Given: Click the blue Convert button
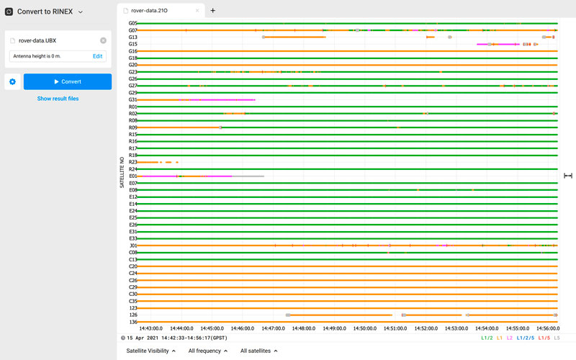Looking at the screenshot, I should tap(68, 81).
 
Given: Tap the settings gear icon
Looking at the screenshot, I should tap(12, 81).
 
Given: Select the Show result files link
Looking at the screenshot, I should tap(58, 99).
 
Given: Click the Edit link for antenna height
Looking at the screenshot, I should tap(97, 55).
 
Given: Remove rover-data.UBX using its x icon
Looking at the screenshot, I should tap(103, 40).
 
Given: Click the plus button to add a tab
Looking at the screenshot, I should tap(212, 11).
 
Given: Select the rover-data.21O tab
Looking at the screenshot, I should tap(151, 11).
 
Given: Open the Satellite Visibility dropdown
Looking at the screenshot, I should tap(150, 351).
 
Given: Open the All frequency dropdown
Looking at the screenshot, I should tap(207, 351).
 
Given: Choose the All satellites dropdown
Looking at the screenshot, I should tap(258, 351).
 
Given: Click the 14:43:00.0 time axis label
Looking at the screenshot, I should tap(153, 328).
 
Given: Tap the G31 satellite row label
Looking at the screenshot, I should tap(132, 99).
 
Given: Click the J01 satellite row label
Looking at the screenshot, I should tap(132, 246).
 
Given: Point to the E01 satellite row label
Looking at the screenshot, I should tap(132, 176).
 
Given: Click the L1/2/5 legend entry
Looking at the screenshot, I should tap(526, 337).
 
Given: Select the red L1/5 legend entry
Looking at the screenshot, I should tap(544, 337).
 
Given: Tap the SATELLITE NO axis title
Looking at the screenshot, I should tap(122, 173).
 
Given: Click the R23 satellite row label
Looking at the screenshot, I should tap(132, 162).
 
